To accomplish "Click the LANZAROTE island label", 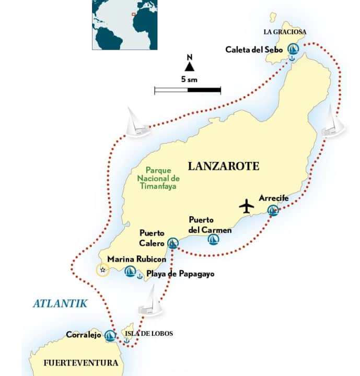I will pos(223,167).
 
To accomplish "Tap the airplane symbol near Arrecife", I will pos(247,206).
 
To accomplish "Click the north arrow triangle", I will pos(189,66).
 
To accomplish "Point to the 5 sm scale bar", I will pos(188,90).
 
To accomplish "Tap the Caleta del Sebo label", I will pos(254,50).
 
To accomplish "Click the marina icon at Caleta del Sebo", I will pos(294,50).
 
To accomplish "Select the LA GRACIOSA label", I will pos(285,32).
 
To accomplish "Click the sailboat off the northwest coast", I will pos(137,123).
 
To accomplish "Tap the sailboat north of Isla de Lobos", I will pos(150,303).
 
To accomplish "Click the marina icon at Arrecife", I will pos(273,210).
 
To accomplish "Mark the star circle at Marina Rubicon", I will pos(103,269).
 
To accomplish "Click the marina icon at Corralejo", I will pos(110,335).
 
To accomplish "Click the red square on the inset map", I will pos(134,14).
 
